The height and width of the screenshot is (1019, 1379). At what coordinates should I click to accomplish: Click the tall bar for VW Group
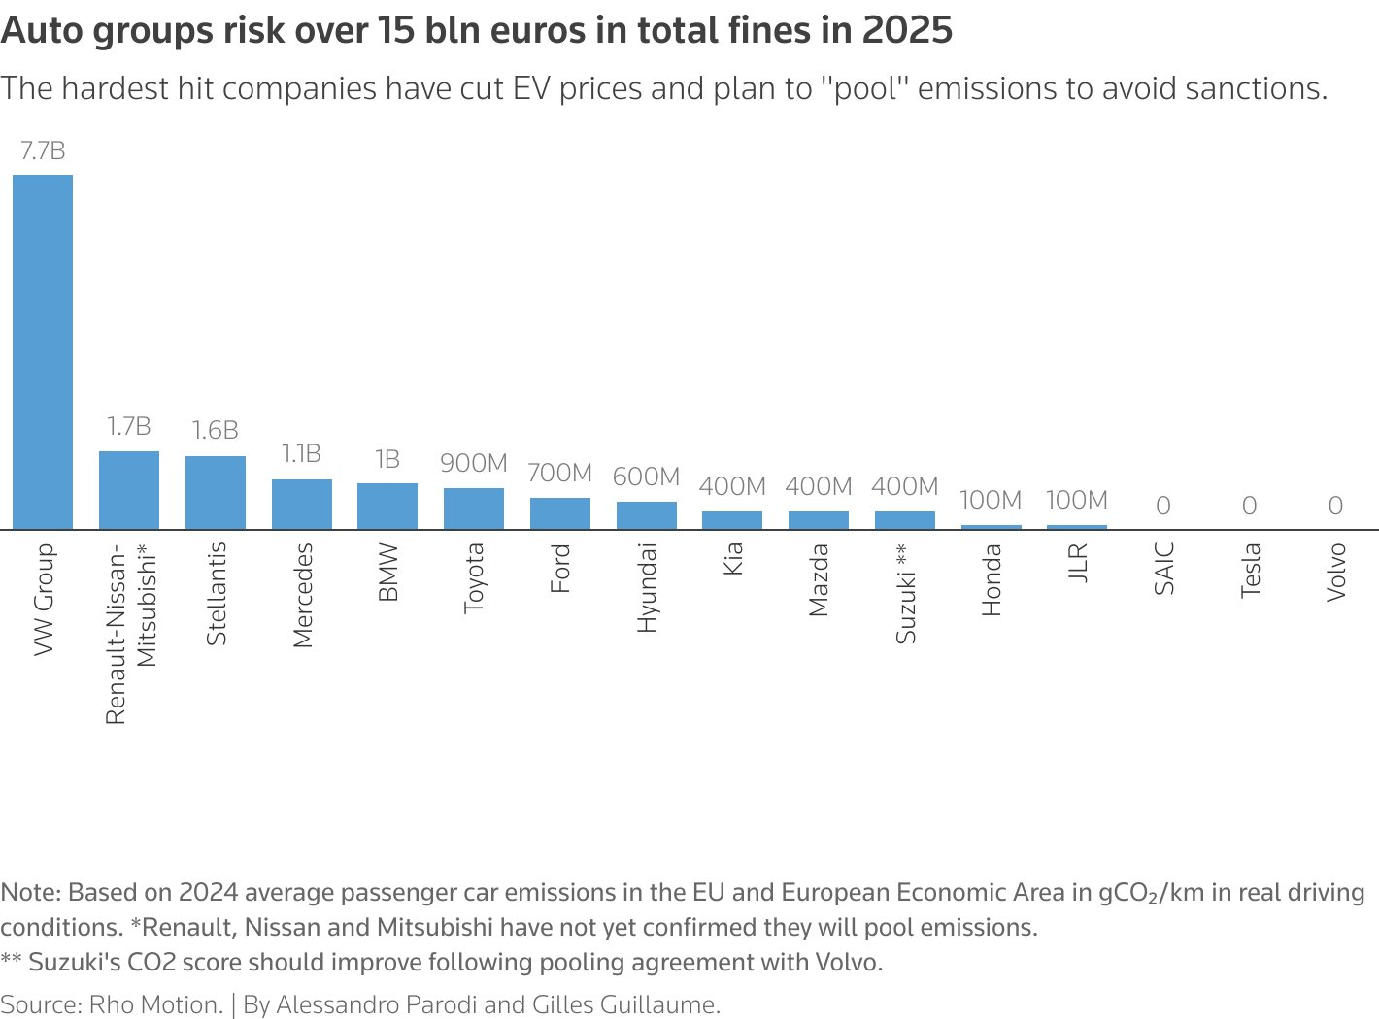[x=43, y=351]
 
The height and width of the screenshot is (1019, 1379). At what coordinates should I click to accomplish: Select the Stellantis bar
[x=216, y=492]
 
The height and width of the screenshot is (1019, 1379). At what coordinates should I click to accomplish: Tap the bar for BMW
[x=387, y=506]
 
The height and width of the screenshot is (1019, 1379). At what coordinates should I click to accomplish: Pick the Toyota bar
[x=474, y=509]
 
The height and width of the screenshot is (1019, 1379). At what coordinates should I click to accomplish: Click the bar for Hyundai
[x=646, y=515]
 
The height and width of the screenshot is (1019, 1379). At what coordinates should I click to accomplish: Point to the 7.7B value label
[x=43, y=151]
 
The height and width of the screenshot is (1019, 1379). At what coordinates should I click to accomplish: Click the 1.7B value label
[x=129, y=427]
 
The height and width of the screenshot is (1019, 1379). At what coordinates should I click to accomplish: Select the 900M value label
[x=474, y=464]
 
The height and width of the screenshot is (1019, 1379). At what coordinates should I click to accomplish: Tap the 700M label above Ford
[x=559, y=473]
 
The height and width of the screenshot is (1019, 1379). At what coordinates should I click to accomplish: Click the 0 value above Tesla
[x=1249, y=506]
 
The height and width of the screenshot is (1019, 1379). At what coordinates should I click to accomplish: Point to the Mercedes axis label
[x=302, y=595]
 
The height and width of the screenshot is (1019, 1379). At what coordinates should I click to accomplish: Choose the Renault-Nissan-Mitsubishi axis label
[x=129, y=633]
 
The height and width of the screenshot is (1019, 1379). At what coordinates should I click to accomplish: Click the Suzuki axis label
[x=905, y=593]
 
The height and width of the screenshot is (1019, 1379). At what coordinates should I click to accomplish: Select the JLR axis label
[x=1077, y=563]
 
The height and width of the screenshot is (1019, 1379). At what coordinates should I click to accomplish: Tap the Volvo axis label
[x=1336, y=572]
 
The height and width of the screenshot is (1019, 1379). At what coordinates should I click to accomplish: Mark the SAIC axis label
[x=1163, y=569]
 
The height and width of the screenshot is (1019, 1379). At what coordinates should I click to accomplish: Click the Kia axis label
[x=732, y=559]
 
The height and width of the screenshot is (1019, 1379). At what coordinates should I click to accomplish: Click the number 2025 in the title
[x=907, y=31]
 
